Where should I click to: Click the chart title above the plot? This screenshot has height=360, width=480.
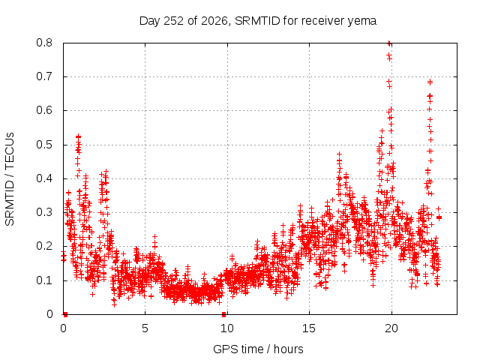tap(258, 21)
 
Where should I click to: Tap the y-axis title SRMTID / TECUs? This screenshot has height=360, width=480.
tap(10, 179)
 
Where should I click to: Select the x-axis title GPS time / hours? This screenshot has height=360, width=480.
tap(258, 349)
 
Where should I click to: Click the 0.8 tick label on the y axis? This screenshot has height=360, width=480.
tap(44, 43)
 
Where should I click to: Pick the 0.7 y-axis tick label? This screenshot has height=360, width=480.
tap(44, 76)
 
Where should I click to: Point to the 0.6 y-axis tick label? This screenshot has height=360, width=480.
tap(44, 110)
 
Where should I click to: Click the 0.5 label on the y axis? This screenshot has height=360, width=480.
tap(44, 145)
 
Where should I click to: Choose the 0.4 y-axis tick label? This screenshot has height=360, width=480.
tap(44, 178)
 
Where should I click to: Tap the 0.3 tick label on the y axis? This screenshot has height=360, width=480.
tap(44, 212)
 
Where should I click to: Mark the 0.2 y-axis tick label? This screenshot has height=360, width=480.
tap(44, 247)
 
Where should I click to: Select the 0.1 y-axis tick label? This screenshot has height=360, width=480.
tap(44, 280)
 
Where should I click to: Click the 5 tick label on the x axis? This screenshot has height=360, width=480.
tap(145, 328)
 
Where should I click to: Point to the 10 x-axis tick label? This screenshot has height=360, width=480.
tap(227, 328)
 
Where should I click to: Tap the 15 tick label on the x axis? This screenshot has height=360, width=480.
tap(309, 328)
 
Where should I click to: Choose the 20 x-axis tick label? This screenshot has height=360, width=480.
tap(391, 328)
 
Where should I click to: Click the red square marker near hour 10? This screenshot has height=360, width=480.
tap(223, 314)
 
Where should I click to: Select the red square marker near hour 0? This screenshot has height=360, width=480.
tap(65, 314)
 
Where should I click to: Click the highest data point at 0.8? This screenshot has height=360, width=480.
tap(389, 43)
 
